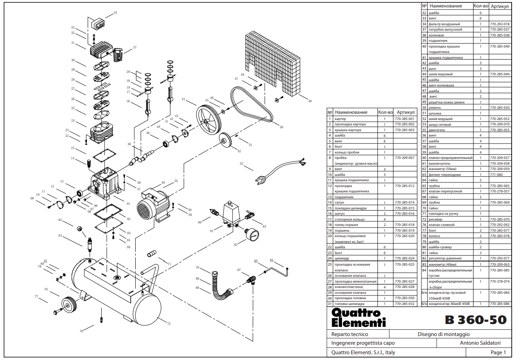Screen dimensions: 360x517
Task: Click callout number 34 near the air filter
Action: coord(115,13)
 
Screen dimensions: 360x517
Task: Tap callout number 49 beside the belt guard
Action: coord(310,101)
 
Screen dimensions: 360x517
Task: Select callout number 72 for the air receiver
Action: coord(169,324)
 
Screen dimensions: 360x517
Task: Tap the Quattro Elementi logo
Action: coord(358,318)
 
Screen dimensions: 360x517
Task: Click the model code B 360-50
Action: coord(476,320)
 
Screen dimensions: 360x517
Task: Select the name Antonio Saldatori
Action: coord(480,343)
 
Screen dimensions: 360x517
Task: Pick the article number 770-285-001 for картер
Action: coord(405,119)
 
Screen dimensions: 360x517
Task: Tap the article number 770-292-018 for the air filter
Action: coord(499,24)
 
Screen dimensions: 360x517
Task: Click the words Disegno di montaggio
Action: coord(443,334)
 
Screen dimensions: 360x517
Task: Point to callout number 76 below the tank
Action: coord(81,331)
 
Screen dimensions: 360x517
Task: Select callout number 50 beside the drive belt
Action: coord(281,127)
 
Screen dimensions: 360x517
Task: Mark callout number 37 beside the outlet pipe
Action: coord(134,48)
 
